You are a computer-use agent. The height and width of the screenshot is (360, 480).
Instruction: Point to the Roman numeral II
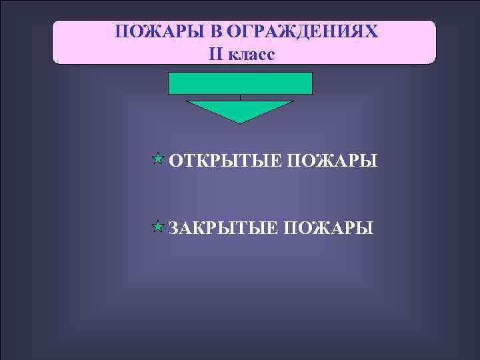(x=217, y=54)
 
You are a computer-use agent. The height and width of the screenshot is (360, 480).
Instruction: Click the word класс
(x=251, y=55)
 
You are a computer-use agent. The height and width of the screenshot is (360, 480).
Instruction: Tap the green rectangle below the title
(x=240, y=83)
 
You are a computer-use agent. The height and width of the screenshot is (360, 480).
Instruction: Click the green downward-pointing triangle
(x=240, y=109)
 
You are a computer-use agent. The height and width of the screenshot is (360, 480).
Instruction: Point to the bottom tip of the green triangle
(x=240, y=123)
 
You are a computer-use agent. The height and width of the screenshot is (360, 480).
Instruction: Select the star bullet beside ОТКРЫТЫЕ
(x=157, y=159)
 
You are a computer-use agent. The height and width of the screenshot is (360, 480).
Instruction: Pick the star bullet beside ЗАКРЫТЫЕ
(x=157, y=227)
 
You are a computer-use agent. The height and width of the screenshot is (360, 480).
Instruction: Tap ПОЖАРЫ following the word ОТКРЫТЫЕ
(x=333, y=161)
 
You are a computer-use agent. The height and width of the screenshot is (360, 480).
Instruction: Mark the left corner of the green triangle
(x=187, y=102)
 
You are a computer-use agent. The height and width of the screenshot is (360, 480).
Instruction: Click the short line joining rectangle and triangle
(x=240, y=97)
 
